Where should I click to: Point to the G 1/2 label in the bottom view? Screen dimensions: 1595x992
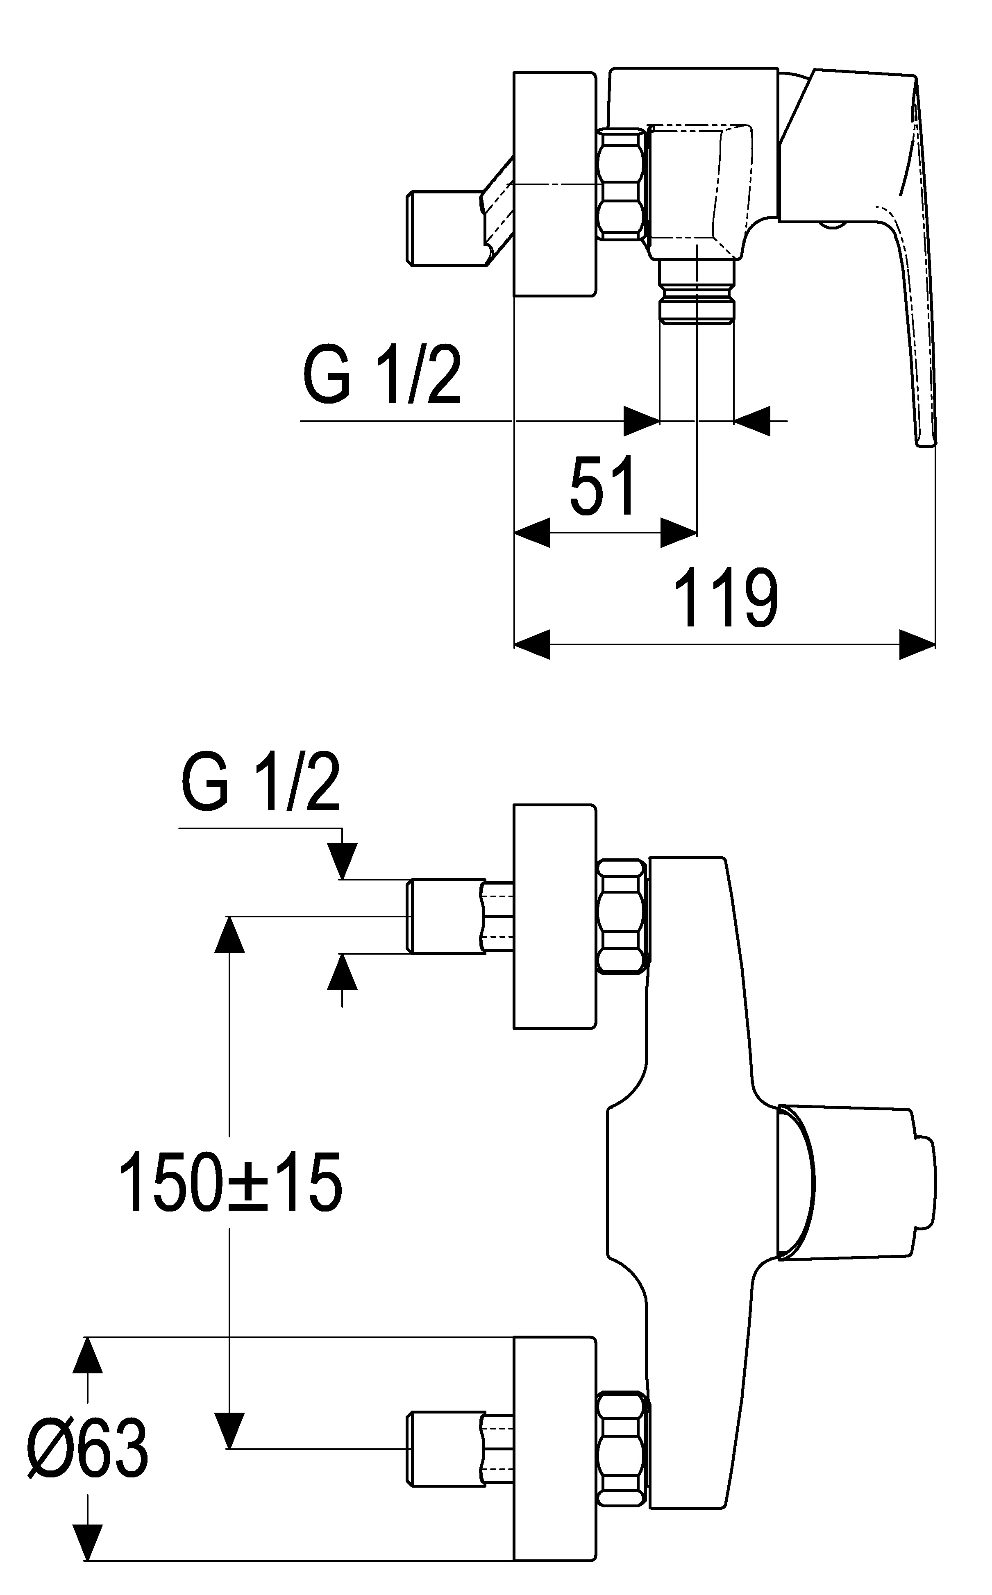(261, 784)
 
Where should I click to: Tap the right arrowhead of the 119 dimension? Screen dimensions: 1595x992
(917, 644)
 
